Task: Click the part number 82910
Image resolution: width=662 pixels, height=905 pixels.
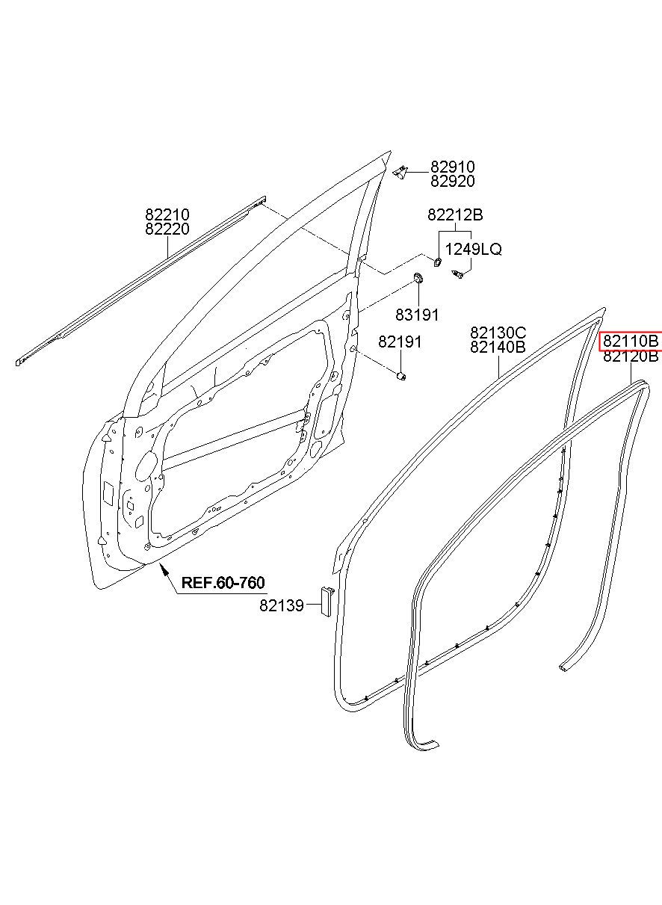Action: click(452, 167)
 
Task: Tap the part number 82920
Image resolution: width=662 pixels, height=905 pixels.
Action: click(452, 181)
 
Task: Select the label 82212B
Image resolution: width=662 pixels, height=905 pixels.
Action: click(455, 215)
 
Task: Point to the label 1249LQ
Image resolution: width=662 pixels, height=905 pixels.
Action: click(474, 250)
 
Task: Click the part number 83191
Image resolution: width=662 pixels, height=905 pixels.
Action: click(417, 315)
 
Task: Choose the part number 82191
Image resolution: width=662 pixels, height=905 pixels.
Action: click(400, 342)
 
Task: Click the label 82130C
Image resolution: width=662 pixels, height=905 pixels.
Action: click(498, 333)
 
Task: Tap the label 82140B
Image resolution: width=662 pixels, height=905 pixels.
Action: click(498, 347)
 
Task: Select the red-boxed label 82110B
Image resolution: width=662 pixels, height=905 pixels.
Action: click(631, 342)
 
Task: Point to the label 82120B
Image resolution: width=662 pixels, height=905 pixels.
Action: click(631, 356)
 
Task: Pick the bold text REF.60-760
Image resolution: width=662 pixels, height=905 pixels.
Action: click(223, 583)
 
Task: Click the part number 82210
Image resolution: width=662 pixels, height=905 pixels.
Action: click(167, 214)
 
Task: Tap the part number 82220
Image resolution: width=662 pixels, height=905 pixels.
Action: click(167, 229)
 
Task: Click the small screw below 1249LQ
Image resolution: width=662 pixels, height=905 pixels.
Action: click(458, 275)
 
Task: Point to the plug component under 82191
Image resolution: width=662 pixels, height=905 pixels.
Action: click(401, 376)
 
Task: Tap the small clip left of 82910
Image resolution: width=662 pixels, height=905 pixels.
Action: click(400, 172)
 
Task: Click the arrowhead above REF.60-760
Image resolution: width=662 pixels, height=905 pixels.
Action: click(164, 570)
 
